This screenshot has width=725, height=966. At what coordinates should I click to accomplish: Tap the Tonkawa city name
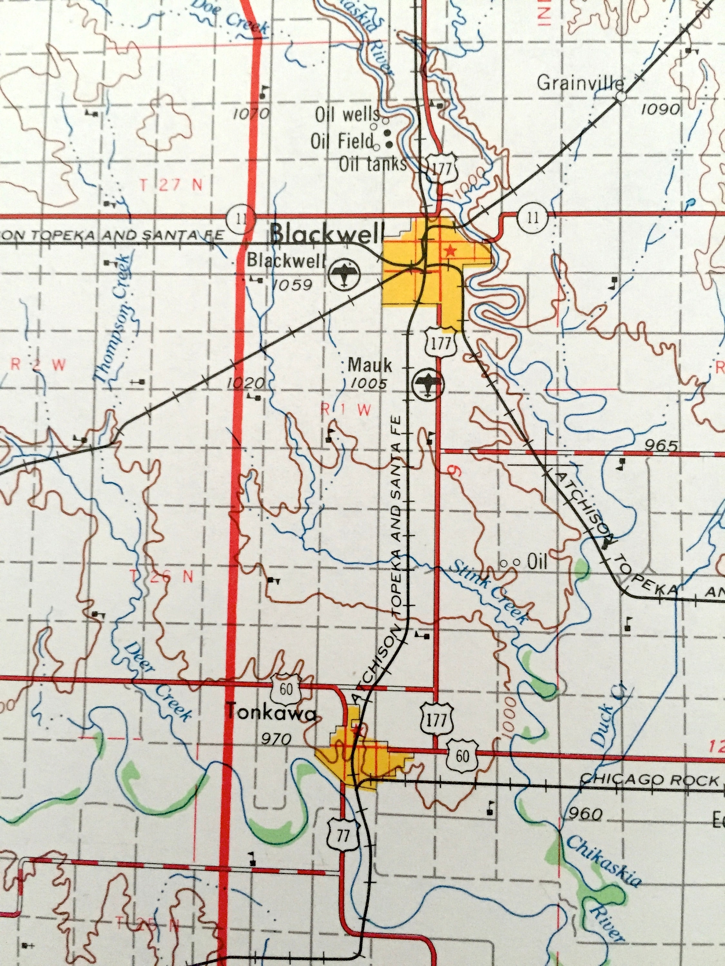pos(271,713)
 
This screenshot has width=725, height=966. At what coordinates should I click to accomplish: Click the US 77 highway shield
pos(343,835)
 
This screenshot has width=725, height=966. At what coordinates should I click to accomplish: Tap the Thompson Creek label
pos(112,319)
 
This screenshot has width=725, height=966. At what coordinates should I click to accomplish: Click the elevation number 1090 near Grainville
pos(661,109)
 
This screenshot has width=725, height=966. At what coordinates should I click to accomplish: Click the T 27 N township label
pos(171,185)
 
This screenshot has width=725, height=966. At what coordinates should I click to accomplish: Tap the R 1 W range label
pos(346,409)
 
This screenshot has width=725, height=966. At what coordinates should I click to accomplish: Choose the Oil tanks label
pos(372,164)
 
